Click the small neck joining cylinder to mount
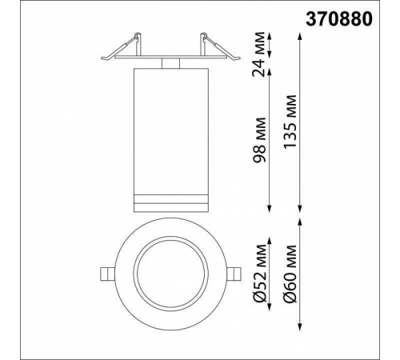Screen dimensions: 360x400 click(x=170, y=62)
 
